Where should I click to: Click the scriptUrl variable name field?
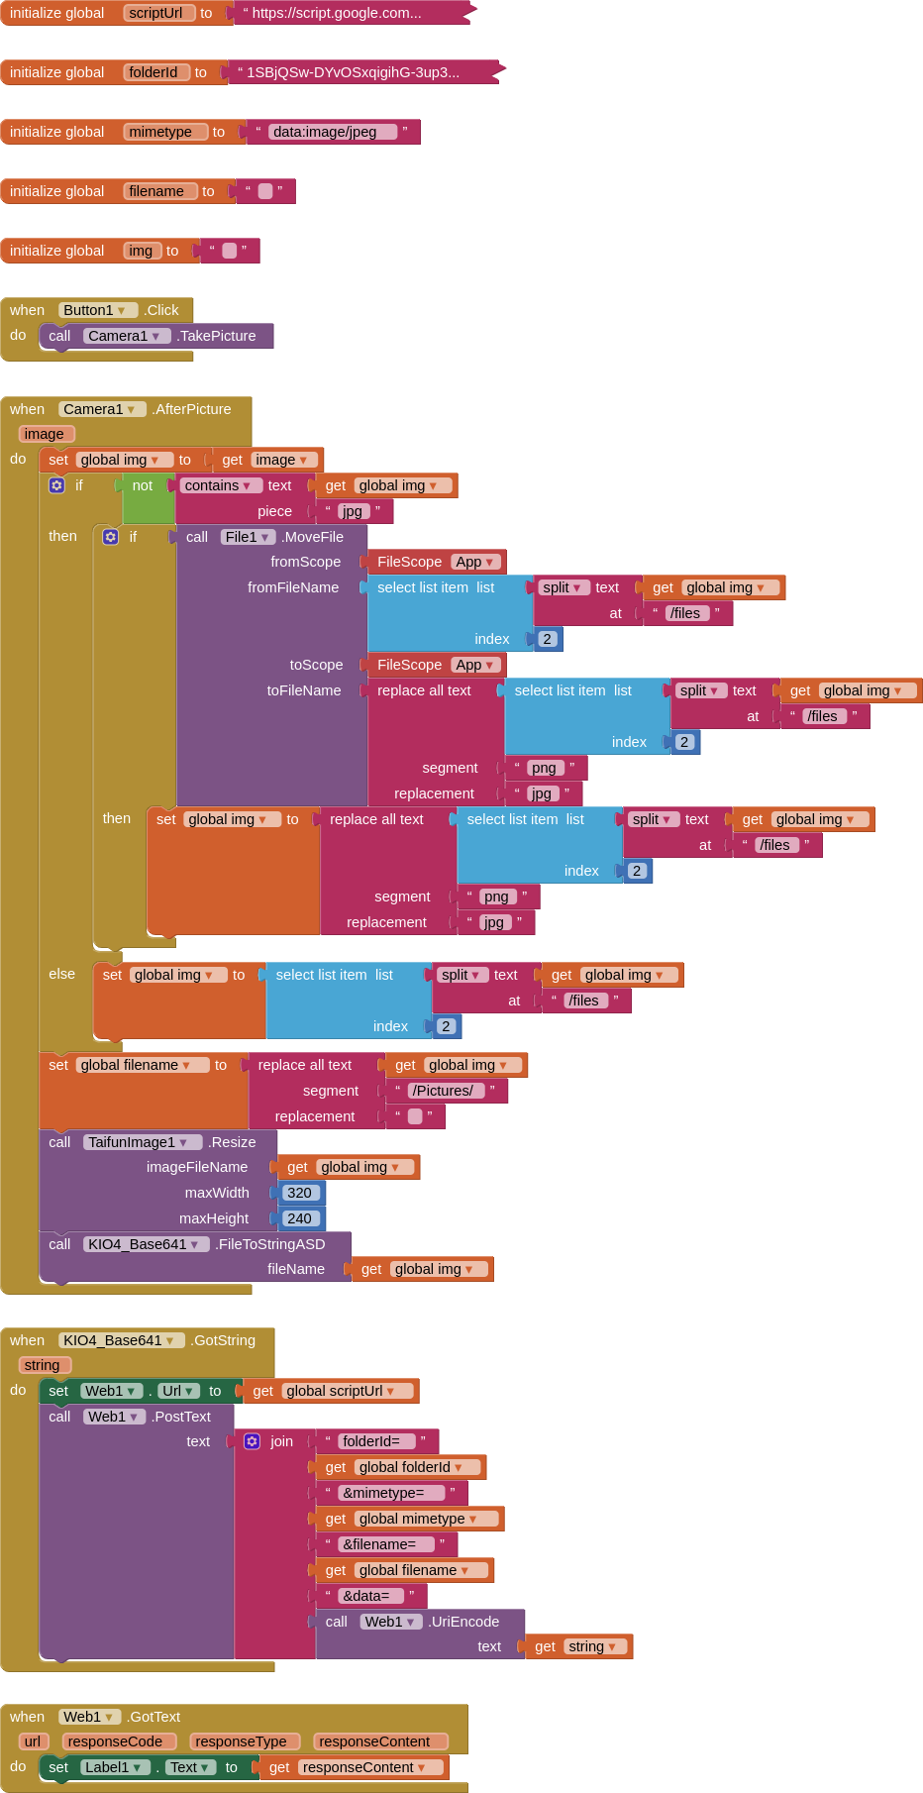156,13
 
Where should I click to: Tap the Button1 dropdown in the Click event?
95,310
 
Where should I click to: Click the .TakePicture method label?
216,336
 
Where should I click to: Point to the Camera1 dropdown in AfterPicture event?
100,409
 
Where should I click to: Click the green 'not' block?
143,485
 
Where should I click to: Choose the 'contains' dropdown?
219,485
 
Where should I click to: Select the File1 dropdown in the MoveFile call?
247,537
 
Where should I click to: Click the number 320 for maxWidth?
299,1193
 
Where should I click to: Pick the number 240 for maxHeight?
299,1218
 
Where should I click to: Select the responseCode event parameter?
117,1741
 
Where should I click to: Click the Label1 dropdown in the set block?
114,1767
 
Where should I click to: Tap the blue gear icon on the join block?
253,1441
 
